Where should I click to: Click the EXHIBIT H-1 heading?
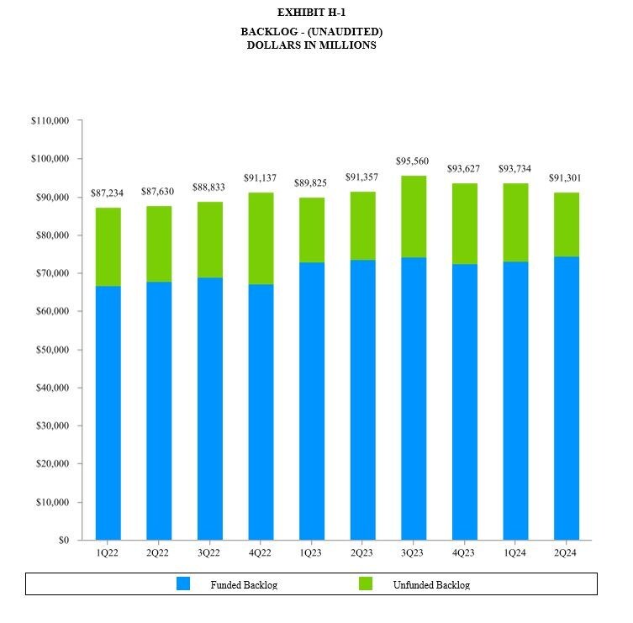pyautogui.click(x=311, y=13)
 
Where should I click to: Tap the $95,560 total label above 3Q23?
pyautogui.click(x=413, y=161)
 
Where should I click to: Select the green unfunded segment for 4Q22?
pyautogui.click(x=261, y=238)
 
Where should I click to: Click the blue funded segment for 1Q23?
pyautogui.click(x=311, y=401)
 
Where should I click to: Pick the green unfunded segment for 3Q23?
pyautogui.click(x=413, y=216)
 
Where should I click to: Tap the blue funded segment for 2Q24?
pyautogui.click(x=566, y=398)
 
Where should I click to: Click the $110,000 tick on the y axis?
pyautogui.click(x=50, y=121)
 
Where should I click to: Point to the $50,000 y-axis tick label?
pyautogui.click(x=53, y=350)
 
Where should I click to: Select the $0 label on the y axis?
pyautogui.click(x=63, y=541)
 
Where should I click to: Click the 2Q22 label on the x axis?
pyautogui.click(x=158, y=553)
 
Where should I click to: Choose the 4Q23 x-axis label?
pyautogui.click(x=464, y=553)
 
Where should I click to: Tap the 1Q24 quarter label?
pyautogui.click(x=514, y=553)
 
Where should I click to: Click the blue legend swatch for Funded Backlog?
pyautogui.click(x=183, y=583)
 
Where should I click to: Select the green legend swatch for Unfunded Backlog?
pyautogui.click(x=365, y=583)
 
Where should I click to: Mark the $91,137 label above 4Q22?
pyautogui.click(x=261, y=178)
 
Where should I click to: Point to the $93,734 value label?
pyautogui.click(x=514, y=169)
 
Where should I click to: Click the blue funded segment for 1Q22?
pyautogui.click(x=108, y=413)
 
